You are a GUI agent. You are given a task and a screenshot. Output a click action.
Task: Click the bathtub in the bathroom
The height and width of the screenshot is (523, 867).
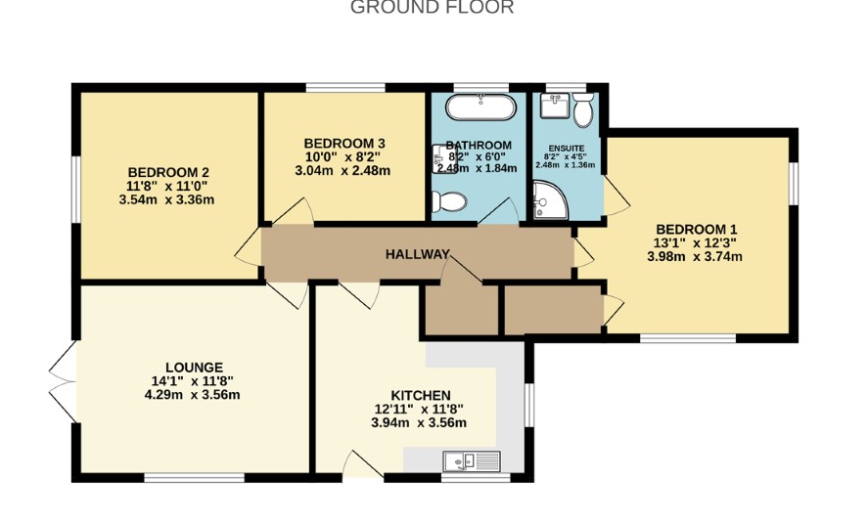coord(481,108)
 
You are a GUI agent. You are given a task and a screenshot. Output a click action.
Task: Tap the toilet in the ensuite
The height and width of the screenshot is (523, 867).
coord(583,109)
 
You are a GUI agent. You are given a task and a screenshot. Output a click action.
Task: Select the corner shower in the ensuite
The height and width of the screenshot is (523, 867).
coord(550,200)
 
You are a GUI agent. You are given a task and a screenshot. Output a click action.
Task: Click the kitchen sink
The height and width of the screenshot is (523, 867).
coord(472,461)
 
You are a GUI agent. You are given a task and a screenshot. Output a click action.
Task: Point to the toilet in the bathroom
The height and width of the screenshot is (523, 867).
coord(448,201)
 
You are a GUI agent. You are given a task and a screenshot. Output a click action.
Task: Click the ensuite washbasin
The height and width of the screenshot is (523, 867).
coord(555,106)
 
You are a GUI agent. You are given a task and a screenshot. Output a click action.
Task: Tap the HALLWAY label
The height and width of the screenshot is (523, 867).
coord(418,254)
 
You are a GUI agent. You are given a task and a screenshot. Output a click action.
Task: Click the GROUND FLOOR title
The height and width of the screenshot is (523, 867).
coord(432,7)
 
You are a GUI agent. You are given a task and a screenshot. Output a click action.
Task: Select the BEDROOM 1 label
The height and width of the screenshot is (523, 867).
coord(696,229)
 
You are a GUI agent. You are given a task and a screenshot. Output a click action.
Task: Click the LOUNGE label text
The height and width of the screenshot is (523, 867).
coord(194,368)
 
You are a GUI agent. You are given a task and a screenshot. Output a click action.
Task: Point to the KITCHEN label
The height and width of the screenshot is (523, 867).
coord(421,395)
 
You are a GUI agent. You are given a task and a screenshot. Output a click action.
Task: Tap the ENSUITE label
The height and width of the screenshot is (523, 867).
coord(567,149)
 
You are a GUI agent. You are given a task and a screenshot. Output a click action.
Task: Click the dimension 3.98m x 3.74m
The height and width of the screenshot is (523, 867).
coord(695,256)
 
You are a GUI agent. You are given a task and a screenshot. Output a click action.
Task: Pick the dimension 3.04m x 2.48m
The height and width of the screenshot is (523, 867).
coord(342,171)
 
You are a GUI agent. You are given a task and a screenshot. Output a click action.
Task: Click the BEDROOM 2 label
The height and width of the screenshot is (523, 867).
coord(168,172)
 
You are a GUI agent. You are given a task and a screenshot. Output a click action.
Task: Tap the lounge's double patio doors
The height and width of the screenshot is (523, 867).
coord(64,381)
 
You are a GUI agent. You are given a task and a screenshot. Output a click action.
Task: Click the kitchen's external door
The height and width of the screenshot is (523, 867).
coord(363,464)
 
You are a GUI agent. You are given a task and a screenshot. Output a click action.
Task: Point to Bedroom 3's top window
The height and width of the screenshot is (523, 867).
coord(345,88)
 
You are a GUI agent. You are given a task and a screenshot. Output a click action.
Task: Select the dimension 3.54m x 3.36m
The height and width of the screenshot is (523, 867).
coord(166,199)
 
